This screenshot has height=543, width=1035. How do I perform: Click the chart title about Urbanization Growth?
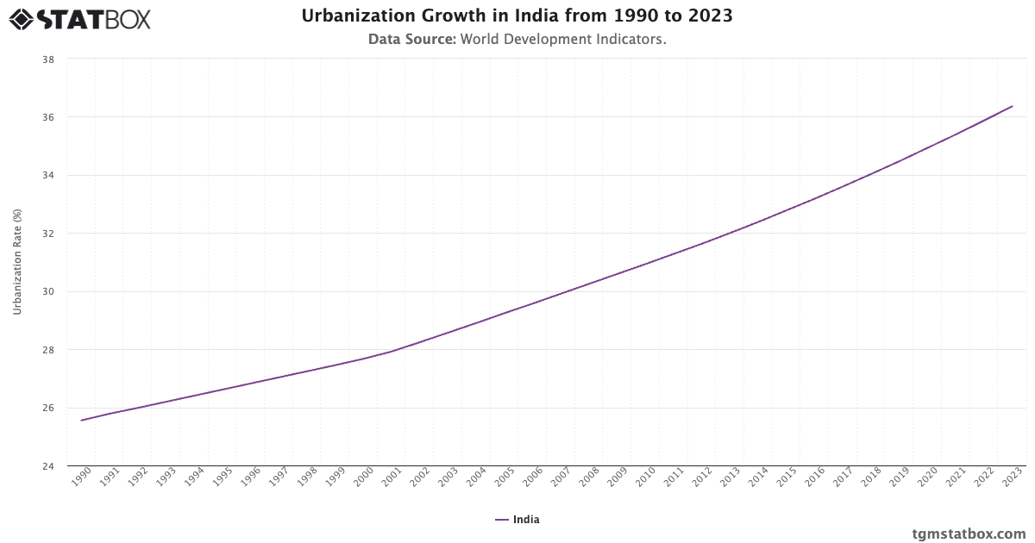click(x=517, y=16)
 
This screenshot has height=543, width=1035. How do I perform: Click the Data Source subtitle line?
click(x=517, y=39)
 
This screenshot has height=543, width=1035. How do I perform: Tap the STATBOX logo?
click(x=79, y=18)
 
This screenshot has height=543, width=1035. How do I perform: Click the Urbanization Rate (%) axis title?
click(x=17, y=262)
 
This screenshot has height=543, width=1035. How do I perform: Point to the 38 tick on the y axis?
click(x=49, y=59)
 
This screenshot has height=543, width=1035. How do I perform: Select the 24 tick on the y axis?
click(x=49, y=466)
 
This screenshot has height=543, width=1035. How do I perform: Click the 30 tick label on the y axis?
click(x=49, y=291)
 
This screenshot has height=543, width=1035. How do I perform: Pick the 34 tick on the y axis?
click(x=49, y=176)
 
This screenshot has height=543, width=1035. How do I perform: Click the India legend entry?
click(x=517, y=520)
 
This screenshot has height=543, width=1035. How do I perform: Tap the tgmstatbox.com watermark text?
click(x=969, y=534)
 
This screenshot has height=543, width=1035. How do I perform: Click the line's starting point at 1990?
click(x=81, y=421)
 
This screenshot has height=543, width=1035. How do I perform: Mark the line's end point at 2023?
click(x=1013, y=106)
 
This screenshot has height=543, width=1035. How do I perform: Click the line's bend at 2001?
click(x=392, y=351)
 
